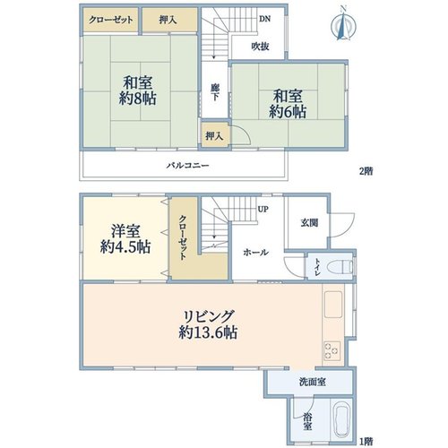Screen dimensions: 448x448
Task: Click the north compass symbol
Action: pyautogui.click(x=344, y=25)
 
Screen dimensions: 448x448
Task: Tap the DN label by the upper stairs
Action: pyautogui.click(x=264, y=19)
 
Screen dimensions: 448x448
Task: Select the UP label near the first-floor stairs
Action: pyautogui.click(x=263, y=210)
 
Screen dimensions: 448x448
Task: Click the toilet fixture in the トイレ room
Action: pyautogui.click(x=340, y=266)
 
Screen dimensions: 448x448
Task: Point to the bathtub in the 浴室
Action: pyautogui.click(x=342, y=421)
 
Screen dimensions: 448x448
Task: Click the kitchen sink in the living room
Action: pyautogui.click(x=333, y=305)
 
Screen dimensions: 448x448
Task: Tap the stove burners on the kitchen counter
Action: pyautogui.click(x=332, y=350)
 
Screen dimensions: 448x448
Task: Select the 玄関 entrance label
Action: pyautogui.click(x=309, y=223)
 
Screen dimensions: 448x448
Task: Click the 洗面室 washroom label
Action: pyautogui.click(x=313, y=382)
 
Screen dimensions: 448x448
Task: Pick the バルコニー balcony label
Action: pyautogui.click(x=188, y=165)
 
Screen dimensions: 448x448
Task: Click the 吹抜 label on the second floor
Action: pyautogui.click(x=261, y=47)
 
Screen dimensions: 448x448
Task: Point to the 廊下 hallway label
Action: pyautogui.click(x=214, y=92)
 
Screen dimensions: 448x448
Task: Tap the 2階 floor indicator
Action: pyautogui.click(x=366, y=171)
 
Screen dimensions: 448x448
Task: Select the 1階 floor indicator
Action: pyautogui.click(x=366, y=441)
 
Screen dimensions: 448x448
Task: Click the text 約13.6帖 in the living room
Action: pyautogui.click(x=208, y=332)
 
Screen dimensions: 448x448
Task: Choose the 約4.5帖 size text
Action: pyautogui.click(x=125, y=246)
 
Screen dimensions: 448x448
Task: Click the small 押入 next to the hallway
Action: pyautogui.click(x=214, y=136)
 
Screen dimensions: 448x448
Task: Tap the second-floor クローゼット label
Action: pyautogui.click(x=111, y=20)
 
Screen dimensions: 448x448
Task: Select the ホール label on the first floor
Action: pyautogui.click(x=255, y=253)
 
